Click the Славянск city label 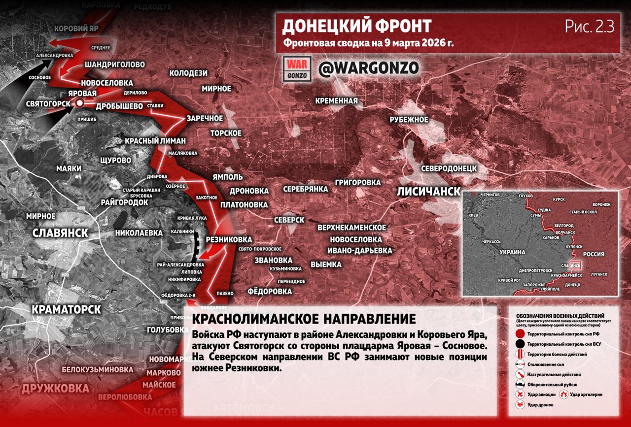click(60, 233)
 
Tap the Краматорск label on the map click(67, 309)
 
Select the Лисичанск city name click(429, 192)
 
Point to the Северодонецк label click(449, 168)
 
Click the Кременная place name click(337, 101)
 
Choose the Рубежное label click(409, 120)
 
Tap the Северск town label click(289, 220)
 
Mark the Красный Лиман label click(155, 140)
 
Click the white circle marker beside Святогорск click(79, 103)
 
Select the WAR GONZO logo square click(297, 69)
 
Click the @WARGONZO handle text click(369, 68)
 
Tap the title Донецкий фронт click(357, 27)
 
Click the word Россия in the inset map click(594, 254)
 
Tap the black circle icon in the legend click(520, 344)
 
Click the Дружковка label click(55, 389)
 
